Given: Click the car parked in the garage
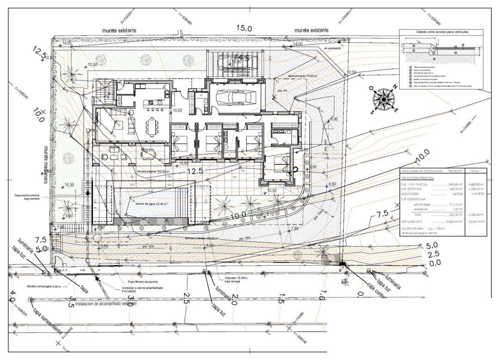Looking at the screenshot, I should (234, 98).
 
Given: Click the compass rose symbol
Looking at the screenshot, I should (383, 98).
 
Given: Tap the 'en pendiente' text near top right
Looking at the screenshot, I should (332, 48).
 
